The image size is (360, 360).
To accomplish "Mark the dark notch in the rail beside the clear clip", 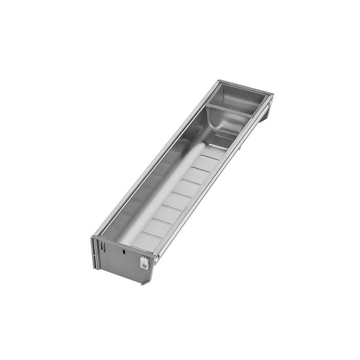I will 157,256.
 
